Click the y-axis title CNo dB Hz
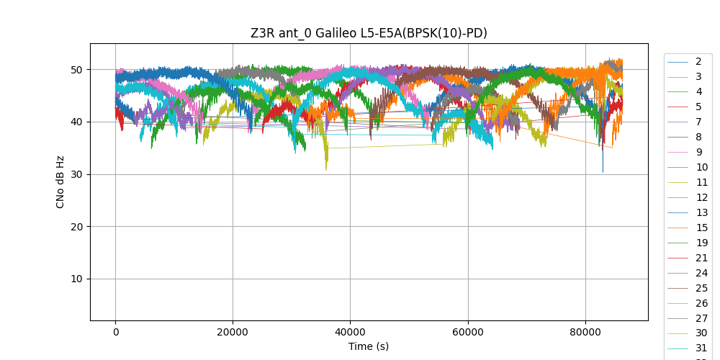(60, 182)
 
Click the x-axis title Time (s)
(369, 346)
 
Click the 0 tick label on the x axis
(115, 332)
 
